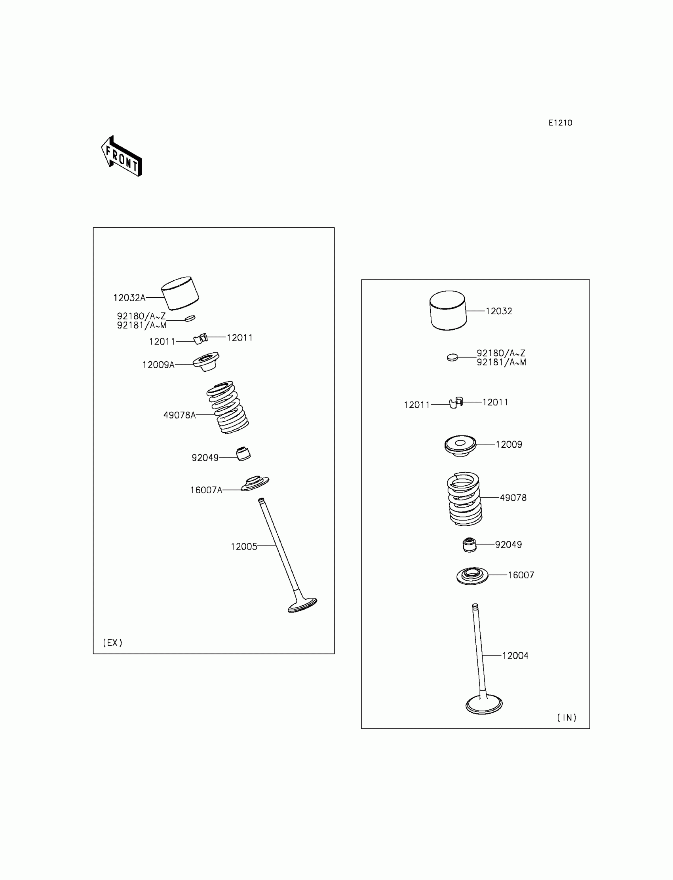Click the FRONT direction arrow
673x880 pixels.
pyautogui.click(x=122, y=157)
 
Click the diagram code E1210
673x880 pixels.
pyautogui.click(x=560, y=123)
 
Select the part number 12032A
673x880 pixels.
pyautogui.click(x=129, y=298)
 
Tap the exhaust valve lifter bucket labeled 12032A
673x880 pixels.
pyautogui.click(x=180, y=293)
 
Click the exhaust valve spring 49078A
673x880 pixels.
pyautogui.click(x=227, y=407)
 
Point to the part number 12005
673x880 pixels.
pyautogui.click(x=243, y=547)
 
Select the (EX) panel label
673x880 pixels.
pyautogui.click(x=112, y=643)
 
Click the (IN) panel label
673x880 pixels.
pyautogui.click(x=567, y=718)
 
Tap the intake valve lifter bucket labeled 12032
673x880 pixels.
pyautogui.click(x=448, y=310)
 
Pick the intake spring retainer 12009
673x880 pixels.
pyautogui.click(x=460, y=445)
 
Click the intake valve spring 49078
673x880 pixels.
pyautogui.click(x=464, y=499)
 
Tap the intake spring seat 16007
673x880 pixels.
pyautogui.click(x=472, y=576)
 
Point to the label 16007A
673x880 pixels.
pyautogui.click(x=206, y=490)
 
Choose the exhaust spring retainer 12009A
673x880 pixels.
pyautogui.click(x=206, y=361)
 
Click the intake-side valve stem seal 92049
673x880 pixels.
pyautogui.click(x=470, y=545)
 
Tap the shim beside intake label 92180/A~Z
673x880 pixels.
pyautogui.click(x=452, y=357)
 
